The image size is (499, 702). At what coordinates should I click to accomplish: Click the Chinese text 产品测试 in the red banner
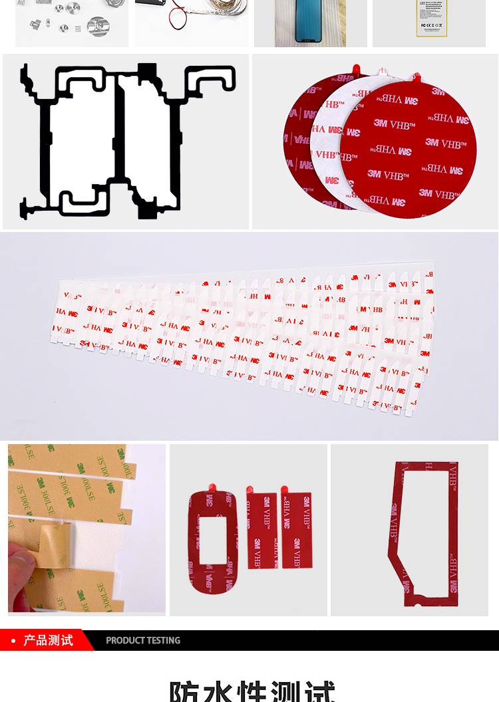49,640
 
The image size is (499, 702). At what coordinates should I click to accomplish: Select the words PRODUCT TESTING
143,640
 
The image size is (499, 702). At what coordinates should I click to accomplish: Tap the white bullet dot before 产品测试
13,641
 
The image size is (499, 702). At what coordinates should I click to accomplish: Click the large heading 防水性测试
251,691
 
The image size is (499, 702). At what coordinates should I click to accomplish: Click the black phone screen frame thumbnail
310,23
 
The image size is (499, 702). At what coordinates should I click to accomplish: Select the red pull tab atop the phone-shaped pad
212,489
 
